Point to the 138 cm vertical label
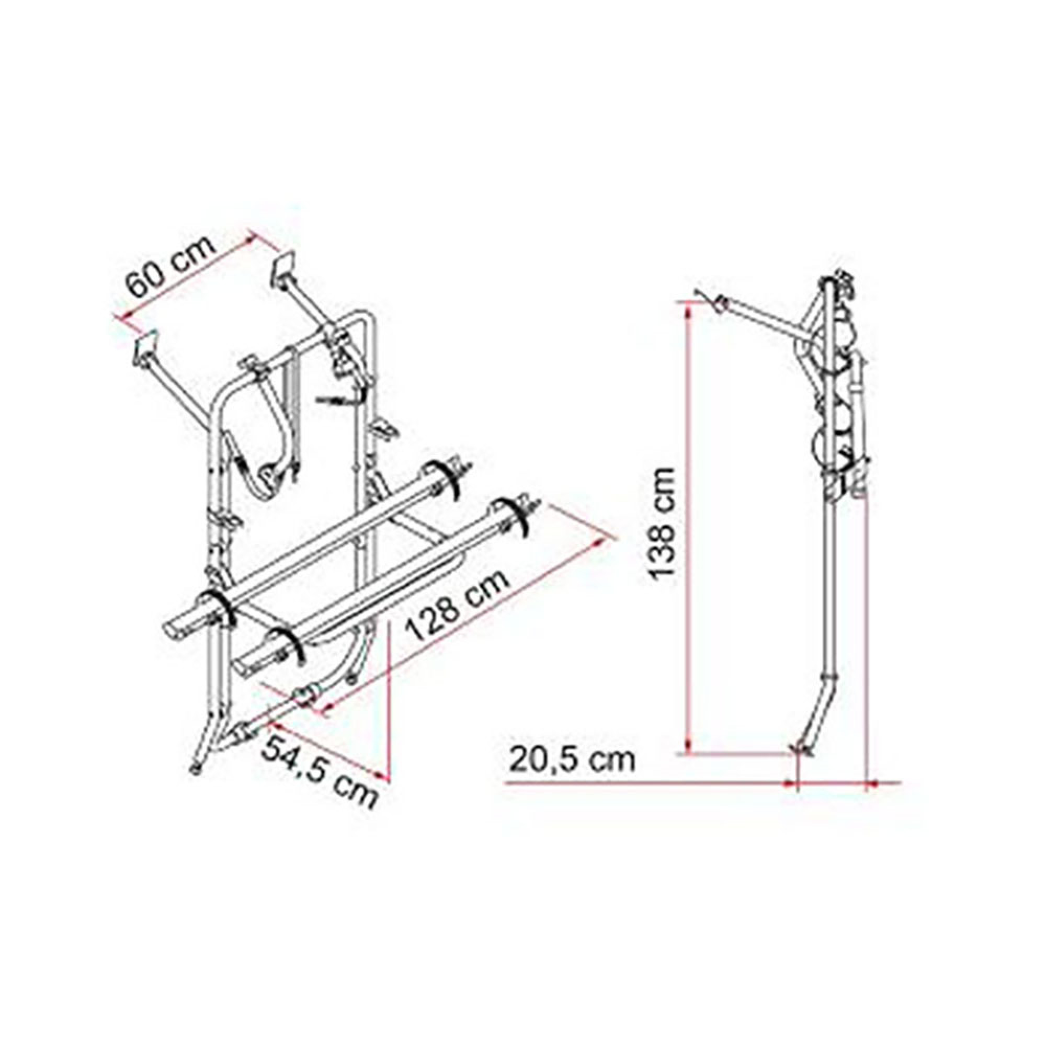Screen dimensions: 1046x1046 point(665,524)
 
